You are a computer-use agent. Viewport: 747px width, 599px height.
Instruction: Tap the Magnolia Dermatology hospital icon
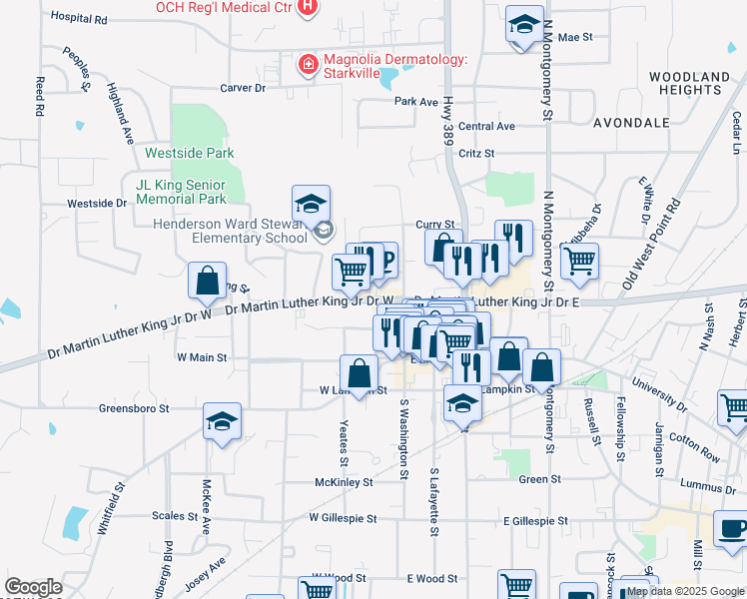(309, 66)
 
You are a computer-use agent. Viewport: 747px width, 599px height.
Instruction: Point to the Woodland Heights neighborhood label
(689, 83)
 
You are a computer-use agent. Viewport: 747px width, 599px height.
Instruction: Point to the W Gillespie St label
(343, 519)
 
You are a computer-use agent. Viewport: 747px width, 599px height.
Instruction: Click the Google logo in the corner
(33, 587)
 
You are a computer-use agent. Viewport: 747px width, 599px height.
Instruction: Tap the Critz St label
(476, 153)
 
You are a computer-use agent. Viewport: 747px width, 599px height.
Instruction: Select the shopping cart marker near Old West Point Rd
(579, 261)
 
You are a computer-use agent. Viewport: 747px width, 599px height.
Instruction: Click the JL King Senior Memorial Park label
(183, 192)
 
